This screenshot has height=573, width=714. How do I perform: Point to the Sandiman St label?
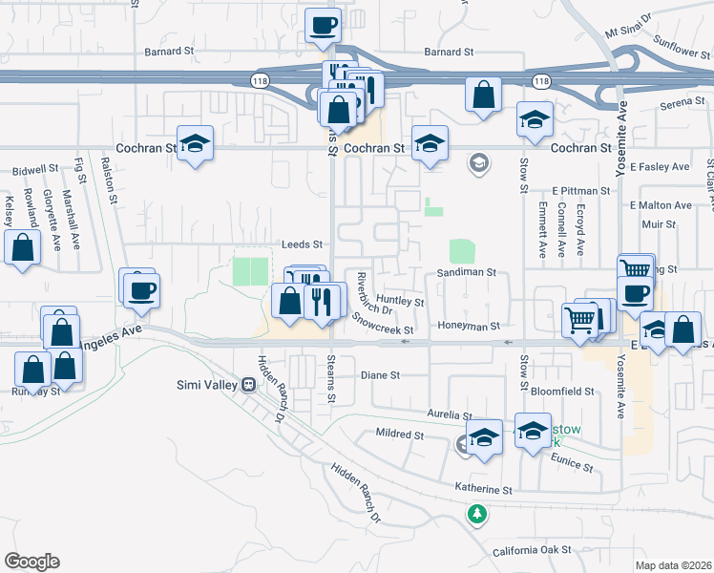(x=468, y=272)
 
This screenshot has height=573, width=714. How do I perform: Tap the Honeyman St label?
(x=469, y=326)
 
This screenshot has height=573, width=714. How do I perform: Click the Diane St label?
(x=380, y=376)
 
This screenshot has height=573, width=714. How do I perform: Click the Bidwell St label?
(x=35, y=169)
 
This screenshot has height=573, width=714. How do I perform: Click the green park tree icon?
(x=477, y=514)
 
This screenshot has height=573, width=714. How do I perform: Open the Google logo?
(x=31, y=562)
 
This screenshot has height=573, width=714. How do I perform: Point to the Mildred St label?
(x=398, y=435)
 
